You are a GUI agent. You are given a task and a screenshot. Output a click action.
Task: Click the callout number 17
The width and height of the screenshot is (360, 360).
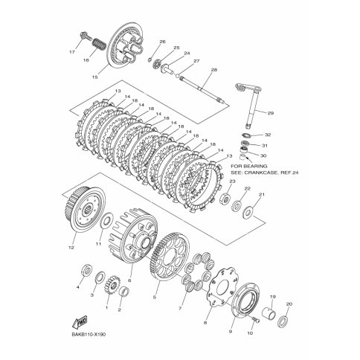tap(71, 54)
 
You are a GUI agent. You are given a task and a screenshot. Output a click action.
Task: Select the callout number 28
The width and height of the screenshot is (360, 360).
tap(213, 70)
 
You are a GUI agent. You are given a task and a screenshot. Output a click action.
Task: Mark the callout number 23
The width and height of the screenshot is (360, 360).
tap(232, 181)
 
